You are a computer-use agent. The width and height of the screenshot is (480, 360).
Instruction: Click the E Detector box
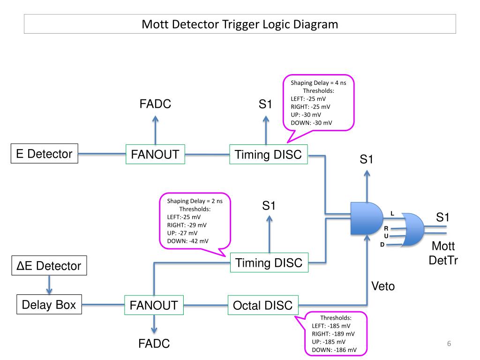(45, 154)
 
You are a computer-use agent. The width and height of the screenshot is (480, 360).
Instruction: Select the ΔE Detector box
(49, 266)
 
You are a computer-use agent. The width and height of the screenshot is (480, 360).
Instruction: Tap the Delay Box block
(49, 305)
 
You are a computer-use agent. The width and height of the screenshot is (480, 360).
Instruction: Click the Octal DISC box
(262, 306)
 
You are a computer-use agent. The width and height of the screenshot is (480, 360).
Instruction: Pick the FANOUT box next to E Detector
(155, 154)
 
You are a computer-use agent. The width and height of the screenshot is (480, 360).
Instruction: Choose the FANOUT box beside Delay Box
(154, 306)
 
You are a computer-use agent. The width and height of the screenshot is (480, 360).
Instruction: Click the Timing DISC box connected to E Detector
(268, 154)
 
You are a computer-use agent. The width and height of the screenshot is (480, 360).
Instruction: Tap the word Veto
(383, 286)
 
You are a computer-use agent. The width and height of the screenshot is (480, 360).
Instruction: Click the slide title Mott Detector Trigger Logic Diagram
(240, 24)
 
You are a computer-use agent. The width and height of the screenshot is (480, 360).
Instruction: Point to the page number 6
(449, 345)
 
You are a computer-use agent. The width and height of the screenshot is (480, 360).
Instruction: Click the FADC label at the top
(155, 104)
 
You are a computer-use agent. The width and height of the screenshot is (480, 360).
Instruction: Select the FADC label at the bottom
(154, 345)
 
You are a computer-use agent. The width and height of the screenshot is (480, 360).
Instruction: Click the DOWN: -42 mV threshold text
(187, 241)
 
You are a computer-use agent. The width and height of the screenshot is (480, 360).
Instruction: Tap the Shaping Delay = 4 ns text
(318, 82)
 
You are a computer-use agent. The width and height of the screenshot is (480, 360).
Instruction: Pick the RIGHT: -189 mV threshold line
(333, 334)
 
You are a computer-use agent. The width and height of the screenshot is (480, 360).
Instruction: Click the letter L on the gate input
(392, 214)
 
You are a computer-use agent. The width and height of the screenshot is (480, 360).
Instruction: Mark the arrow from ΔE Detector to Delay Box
(49, 284)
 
